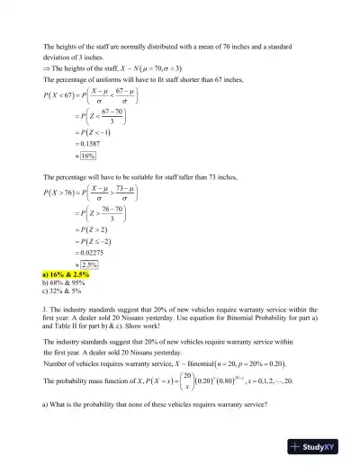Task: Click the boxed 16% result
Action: click(x=88, y=156)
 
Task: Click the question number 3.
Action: click(x=45, y=309)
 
